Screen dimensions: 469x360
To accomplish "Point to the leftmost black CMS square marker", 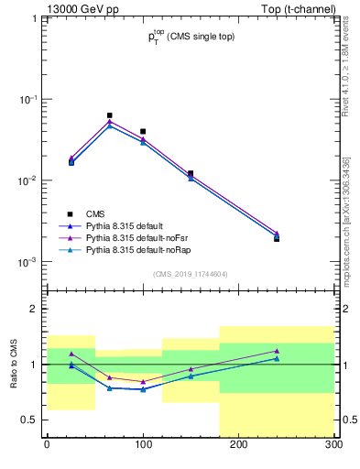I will pyautogui.click(x=71, y=161).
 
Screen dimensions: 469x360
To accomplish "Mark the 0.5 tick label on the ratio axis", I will pyautogui.click(x=29, y=420).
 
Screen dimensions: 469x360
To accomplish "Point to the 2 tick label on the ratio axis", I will pyautogui.click(x=34, y=310).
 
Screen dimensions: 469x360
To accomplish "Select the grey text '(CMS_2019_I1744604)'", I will pyautogui.click(x=191, y=274).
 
